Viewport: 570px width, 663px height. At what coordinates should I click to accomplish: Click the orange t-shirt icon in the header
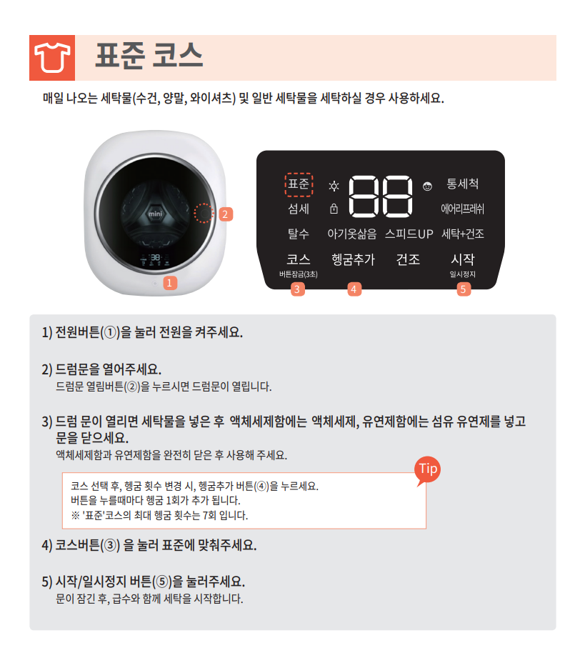click(52, 58)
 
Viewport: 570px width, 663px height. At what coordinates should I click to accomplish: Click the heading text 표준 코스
click(149, 56)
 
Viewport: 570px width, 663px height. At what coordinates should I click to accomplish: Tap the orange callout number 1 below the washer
click(169, 282)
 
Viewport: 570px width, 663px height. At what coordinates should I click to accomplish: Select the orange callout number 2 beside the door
click(226, 214)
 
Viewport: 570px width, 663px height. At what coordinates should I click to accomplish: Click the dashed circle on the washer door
click(204, 213)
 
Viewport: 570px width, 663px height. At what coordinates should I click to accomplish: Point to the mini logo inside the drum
click(155, 214)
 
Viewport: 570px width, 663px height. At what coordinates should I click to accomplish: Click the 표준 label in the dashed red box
click(299, 184)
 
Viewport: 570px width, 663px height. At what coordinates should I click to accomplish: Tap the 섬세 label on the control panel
click(299, 209)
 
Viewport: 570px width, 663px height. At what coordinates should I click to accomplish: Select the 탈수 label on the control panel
click(299, 234)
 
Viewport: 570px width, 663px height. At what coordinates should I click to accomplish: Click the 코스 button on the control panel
click(299, 259)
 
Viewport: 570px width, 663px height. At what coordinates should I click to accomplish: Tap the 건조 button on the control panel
click(408, 259)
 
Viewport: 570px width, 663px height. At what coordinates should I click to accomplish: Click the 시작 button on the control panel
click(463, 259)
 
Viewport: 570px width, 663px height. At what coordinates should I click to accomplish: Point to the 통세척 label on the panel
click(463, 184)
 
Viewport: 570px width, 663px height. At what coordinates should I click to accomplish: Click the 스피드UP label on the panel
click(409, 234)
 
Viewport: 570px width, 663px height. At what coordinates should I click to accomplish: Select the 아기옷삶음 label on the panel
click(352, 234)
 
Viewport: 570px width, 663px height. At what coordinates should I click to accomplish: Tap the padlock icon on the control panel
click(334, 209)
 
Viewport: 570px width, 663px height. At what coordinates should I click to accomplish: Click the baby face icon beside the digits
click(427, 186)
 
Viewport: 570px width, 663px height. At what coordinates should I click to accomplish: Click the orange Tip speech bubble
click(427, 470)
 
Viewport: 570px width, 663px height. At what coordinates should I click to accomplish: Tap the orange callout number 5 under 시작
click(464, 289)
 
